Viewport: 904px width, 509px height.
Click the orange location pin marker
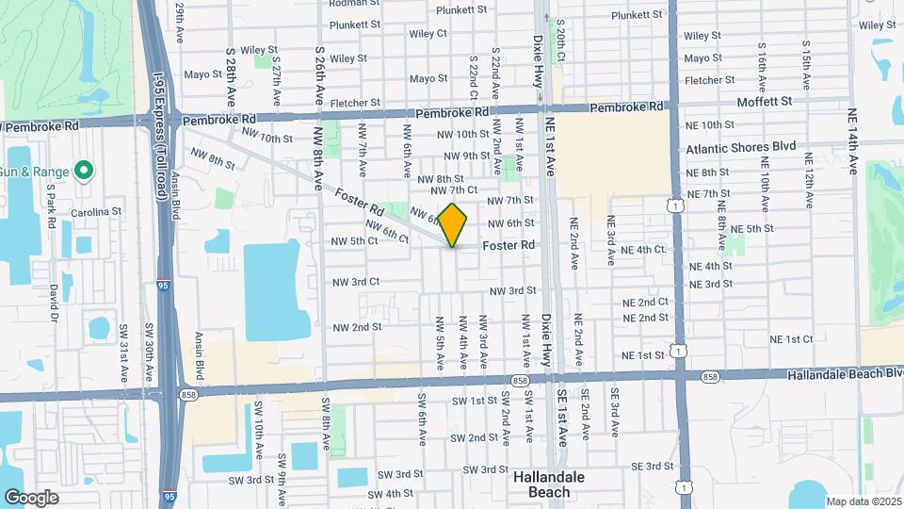coord(453,224)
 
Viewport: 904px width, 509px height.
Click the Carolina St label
coord(104,211)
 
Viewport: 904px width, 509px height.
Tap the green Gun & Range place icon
coord(83,171)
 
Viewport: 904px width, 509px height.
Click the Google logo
coord(32,498)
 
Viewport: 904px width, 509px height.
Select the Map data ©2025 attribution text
coord(862,501)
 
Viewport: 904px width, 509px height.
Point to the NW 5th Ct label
coord(354,241)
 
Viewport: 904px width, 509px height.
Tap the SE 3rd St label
coord(650,467)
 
